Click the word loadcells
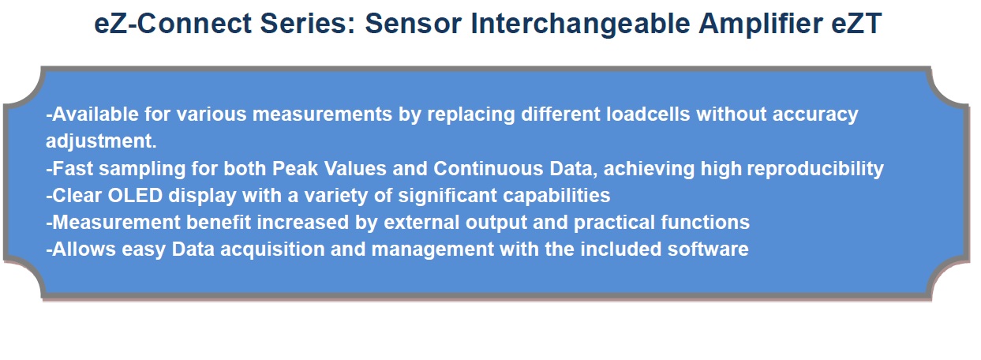tap(648, 114)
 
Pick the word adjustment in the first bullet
tap(101, 141)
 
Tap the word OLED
tap(135, 195)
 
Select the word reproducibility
tap(815, 169)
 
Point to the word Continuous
tap(489, 169)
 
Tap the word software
tap(708, 249)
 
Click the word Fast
tap(73, 169)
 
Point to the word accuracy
tap(815, 114)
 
